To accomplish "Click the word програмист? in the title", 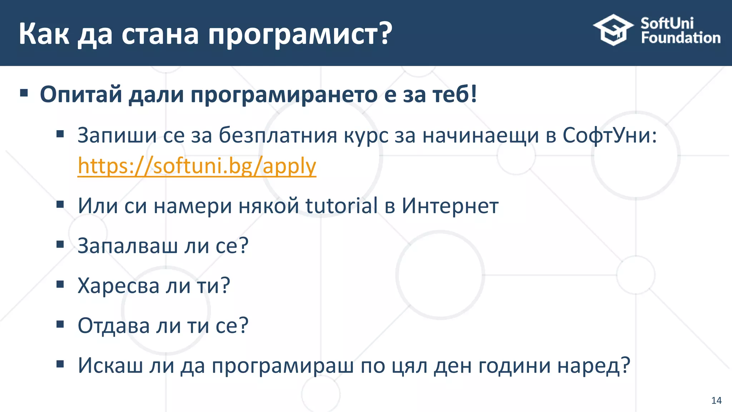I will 300,35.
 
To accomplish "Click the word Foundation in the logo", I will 680,38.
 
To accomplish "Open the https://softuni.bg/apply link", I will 197,166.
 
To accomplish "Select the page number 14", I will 716,400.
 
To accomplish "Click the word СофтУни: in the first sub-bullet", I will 609,136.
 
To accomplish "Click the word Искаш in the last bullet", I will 110,366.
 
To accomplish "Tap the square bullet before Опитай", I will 24,94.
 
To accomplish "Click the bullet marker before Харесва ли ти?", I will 60,285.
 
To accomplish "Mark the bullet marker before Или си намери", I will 60,205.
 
